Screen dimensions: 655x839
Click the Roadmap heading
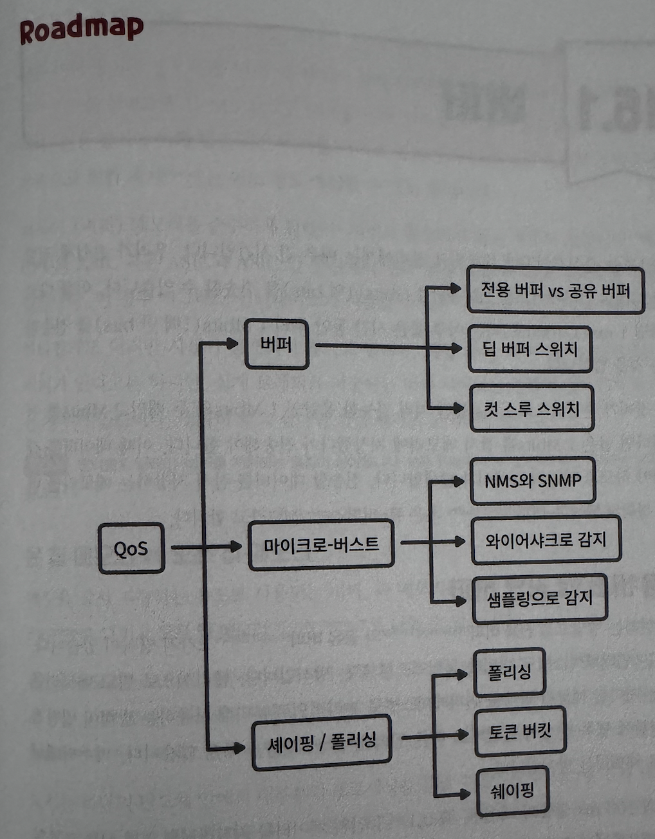click(81, 30)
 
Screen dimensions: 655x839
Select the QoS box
click(131, 549)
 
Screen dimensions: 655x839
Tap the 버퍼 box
click(277, 345)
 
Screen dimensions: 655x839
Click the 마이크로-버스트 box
click(321, 545)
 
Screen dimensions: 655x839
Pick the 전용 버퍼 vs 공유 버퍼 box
click(555, 290)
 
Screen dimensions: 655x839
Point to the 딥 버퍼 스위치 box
click(530, 349)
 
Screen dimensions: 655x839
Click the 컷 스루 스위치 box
click(531, 409)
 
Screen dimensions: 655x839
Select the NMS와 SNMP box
click(533, 481)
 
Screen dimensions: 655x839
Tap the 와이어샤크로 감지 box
click(546, 539)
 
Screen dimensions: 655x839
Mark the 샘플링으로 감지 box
click(539, 599)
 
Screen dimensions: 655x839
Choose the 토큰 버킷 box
click(520, 732)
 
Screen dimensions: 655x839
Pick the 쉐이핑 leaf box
click(512, 789)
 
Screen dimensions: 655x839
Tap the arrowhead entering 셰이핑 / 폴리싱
click(239, 747)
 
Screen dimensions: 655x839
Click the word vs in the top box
click(556, 291)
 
